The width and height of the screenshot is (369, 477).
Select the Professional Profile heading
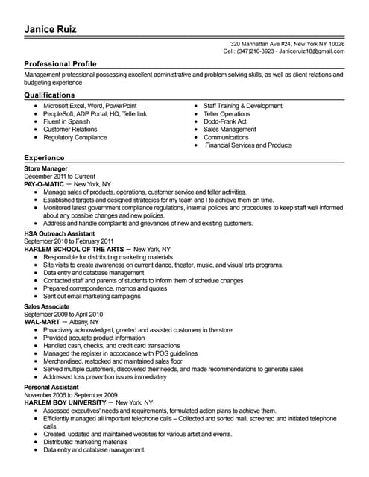60,64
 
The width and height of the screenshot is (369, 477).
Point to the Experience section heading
44,159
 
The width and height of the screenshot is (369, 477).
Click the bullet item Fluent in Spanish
66,121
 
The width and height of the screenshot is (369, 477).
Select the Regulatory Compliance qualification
75,137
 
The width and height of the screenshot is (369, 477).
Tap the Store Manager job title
46,169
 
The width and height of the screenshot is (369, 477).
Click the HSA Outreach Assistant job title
60,234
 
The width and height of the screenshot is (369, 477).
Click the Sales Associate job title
47,306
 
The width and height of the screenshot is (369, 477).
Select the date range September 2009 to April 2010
63,314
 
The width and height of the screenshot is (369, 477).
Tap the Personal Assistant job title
51,387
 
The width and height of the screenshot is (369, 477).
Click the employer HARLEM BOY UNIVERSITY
67,402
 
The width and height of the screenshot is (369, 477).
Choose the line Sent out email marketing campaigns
92,296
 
